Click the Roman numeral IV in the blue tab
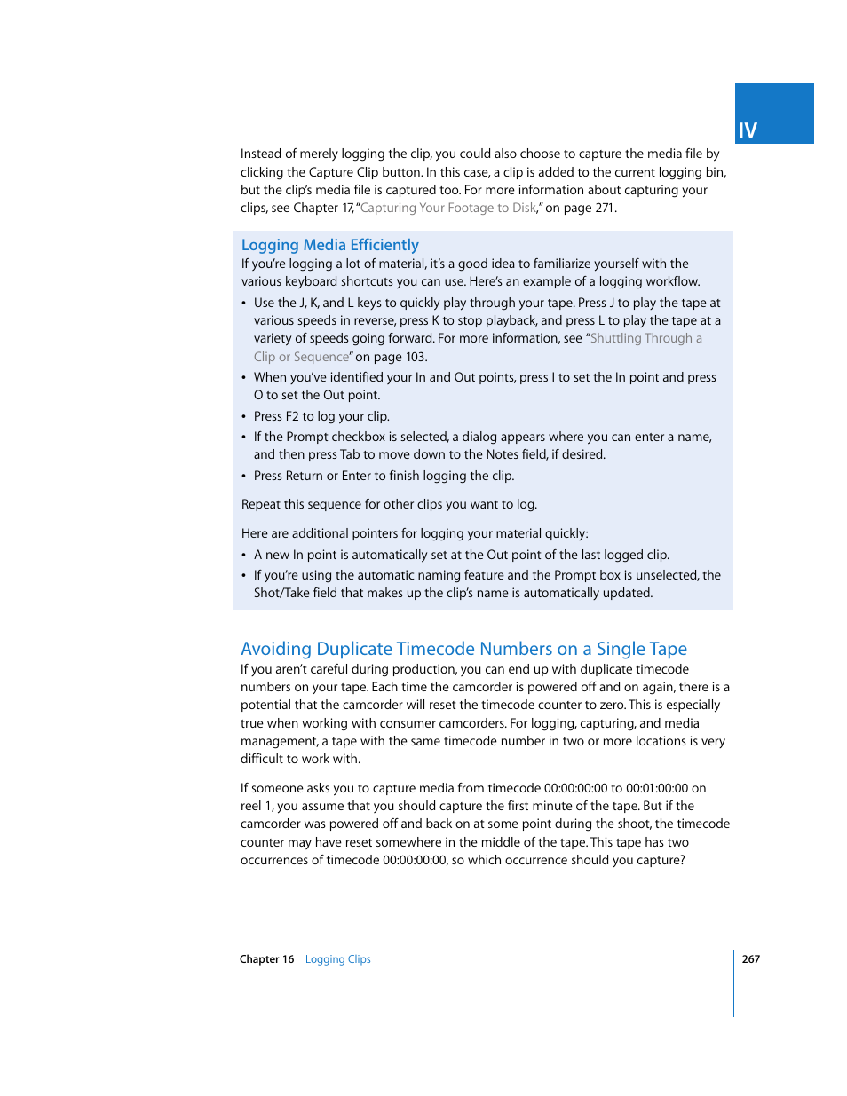click(748, 130)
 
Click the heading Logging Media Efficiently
click(329, 245)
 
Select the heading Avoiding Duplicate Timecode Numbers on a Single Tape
click(463, 649)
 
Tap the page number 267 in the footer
click(751, 959)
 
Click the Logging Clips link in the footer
click(337, 959)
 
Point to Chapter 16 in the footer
click(266, 959)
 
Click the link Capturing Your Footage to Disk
click(447, 208)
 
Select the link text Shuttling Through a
click(645, 338)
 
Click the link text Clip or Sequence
click(301, 357)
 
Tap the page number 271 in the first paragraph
click(605, 208)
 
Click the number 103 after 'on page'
click(415, 357)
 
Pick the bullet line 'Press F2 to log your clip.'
click(321, 416)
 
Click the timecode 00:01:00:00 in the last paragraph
click(657, 788)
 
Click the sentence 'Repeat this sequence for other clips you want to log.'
click(389, 504)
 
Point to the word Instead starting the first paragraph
click(261, 154)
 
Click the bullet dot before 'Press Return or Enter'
click(244, 477)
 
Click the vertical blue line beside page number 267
click(734, 983)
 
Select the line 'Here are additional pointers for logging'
click(415, 533)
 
